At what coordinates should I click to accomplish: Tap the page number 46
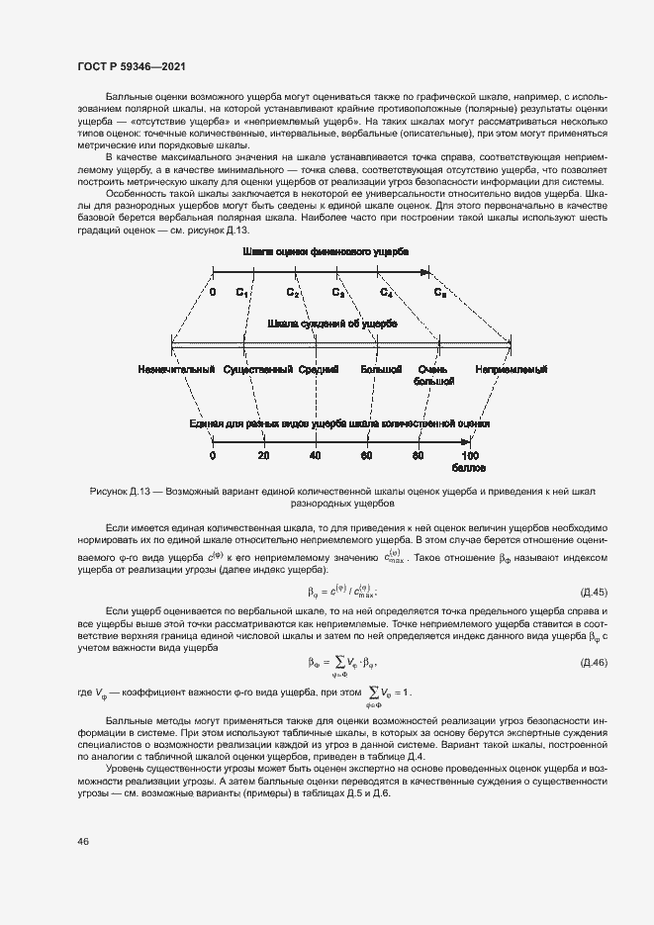82,841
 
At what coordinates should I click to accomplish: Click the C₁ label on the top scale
242,293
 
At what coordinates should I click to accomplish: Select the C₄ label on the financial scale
386,293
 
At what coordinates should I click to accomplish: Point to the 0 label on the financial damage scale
213,293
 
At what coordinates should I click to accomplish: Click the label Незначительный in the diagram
178,370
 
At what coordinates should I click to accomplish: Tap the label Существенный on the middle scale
258,370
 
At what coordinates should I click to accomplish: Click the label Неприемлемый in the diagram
511,370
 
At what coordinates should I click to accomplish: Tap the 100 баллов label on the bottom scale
469,460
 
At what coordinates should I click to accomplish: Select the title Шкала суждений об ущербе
332,324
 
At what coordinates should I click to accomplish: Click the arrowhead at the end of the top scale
425,272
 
